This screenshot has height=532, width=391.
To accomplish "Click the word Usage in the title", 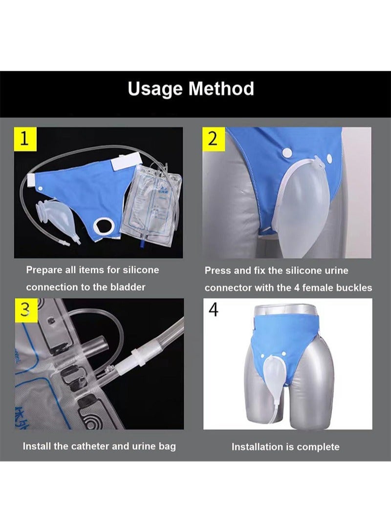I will pos(155,89).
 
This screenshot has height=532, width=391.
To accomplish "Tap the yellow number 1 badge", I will pos(23,139).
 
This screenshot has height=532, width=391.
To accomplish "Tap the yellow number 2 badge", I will pos(213,139).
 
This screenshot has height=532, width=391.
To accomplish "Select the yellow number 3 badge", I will pos(23,309).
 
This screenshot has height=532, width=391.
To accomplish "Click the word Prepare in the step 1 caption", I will pos(44,270).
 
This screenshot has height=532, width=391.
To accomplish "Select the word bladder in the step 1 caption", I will pos(129,287).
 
